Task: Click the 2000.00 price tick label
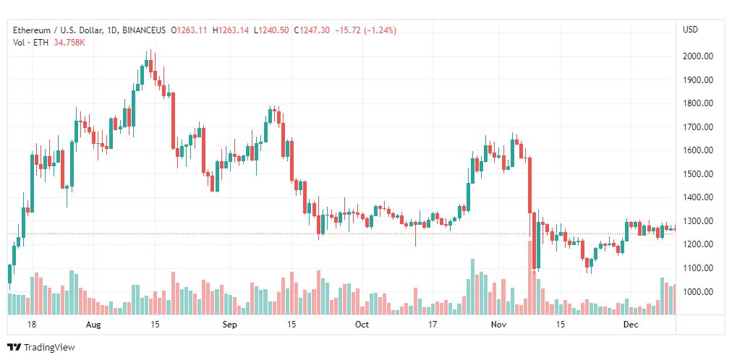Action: tap(697, 56)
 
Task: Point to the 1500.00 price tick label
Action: tap(697, 174)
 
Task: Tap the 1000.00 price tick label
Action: tap(697, 292)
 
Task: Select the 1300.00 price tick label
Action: tap(697, 221)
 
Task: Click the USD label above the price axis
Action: tap(690, 30)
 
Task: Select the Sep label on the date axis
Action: tap(230, 324)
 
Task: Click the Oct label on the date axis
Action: tap(362, 324)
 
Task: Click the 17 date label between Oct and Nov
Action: tap(433, 324)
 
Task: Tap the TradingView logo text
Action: tap(49, 348)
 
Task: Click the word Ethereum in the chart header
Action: tap(30, 30)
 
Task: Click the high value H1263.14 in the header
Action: tap(231, 30)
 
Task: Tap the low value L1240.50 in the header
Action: tap(272, 30)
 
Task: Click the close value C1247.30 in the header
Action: tap(312, 30)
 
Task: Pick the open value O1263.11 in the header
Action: tap(189, 30)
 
